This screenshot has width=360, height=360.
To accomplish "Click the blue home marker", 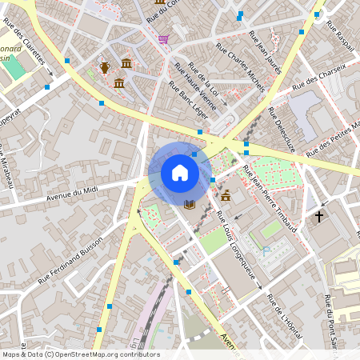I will [x=180, y=172].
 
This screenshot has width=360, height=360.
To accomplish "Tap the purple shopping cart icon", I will [x=163, y=38].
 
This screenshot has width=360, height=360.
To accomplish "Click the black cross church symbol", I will [x=319, y=216].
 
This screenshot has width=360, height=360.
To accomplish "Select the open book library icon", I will [x=190, y=205].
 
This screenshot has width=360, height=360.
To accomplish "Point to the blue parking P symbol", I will [x=267, y=250].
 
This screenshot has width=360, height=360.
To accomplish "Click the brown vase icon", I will [x=105, y=67].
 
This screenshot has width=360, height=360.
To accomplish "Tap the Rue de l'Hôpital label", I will [x=286, y=315].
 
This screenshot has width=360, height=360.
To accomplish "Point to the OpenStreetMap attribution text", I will [x=81, y=354].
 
